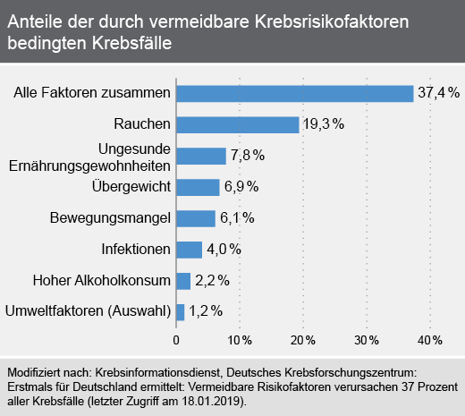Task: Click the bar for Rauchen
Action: coord(238,125)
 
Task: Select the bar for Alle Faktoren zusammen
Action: coord(295,94)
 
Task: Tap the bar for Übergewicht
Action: coord(198,187)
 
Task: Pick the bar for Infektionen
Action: coord(190,250)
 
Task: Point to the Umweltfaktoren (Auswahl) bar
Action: coord(181,312)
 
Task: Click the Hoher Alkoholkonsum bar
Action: coord(183,281)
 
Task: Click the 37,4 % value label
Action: coord(438,92)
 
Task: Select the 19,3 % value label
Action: coord(324,123)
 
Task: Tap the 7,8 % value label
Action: coord(248,155)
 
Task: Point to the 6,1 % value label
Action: coord(237,217)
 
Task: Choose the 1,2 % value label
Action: coord(206,311)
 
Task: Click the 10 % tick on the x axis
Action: coord(240,340)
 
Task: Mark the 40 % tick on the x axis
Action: coord(430,340)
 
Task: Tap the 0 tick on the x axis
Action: coord(176,340)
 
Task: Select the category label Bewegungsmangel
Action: coord(110,217)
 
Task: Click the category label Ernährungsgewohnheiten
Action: coord(89,166)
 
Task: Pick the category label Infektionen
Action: coord(136,249)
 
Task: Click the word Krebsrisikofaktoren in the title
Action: coord(332,21)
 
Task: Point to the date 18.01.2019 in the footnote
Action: coord(211,401)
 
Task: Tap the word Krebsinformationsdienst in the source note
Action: coord(159,372)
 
